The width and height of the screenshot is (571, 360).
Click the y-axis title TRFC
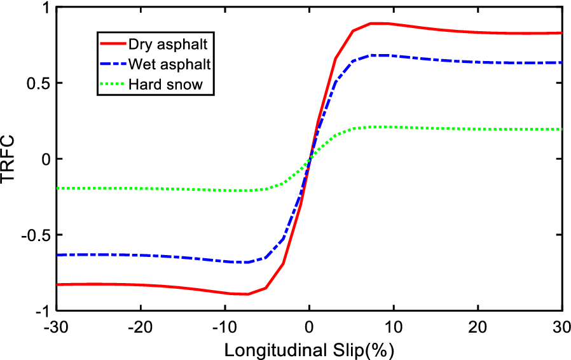pos(11,159)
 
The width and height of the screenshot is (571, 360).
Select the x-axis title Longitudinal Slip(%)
pos(309,350)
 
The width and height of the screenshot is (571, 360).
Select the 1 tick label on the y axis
pos(43,8)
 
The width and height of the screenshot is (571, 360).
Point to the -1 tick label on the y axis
pos(41,311)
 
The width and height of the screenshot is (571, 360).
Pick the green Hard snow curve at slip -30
pos(57,188)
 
